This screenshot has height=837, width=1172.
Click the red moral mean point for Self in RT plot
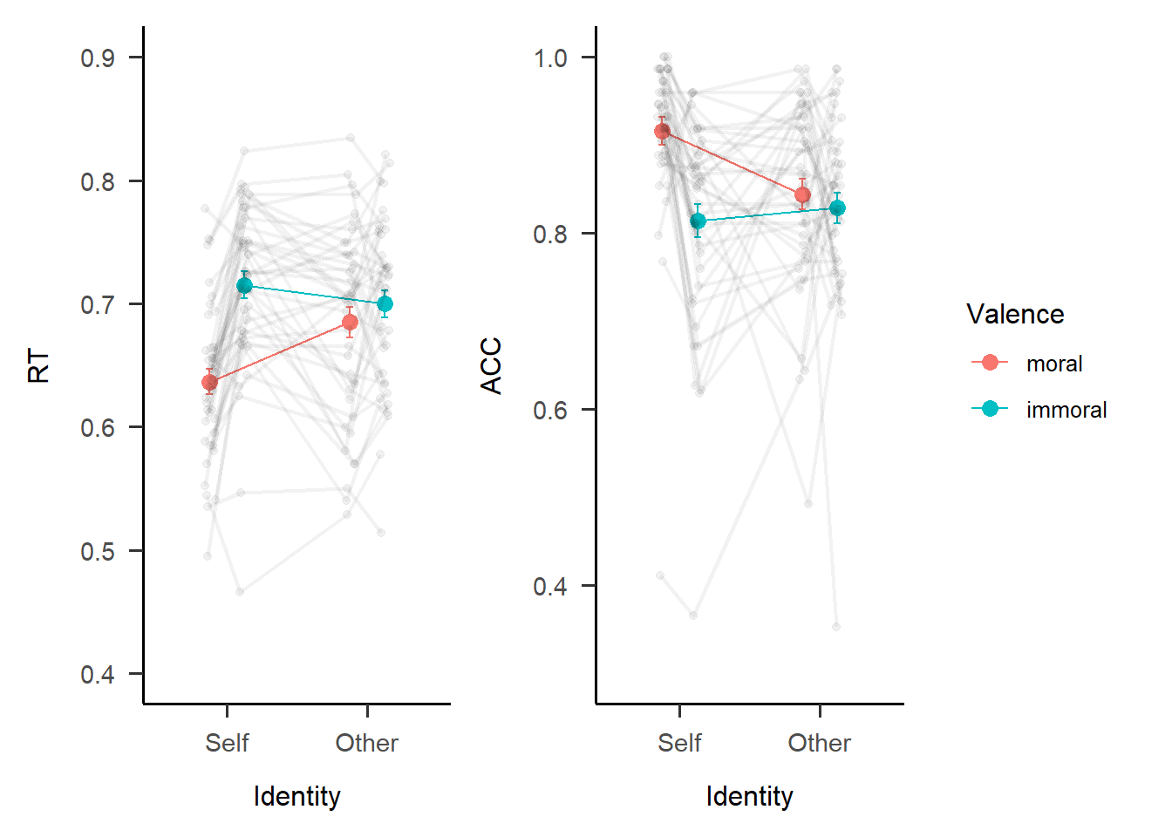click(x=209, y=383)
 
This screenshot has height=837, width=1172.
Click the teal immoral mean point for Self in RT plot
click(x=244, y=286)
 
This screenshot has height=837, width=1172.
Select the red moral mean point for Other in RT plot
click(x=350, y=323)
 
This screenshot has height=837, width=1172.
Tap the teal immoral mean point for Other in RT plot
click(x=385, y=304)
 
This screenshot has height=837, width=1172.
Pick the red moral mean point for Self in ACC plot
click(x=662, y=132)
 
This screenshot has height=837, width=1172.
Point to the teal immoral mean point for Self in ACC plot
click(x=698, y=221)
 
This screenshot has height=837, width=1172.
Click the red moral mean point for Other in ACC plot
click(x=802, y=195)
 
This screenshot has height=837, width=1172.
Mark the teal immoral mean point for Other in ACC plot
click(x=837, y=208)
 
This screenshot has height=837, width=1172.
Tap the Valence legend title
click(x=1015, y=314)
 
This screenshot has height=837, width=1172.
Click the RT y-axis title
click(x=39, y=366)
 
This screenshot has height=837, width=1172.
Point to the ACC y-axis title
click(x=492, y=366)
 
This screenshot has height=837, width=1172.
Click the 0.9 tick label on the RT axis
click(x=98, y=58)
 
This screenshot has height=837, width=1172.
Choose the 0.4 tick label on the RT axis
click(x=98, y=675)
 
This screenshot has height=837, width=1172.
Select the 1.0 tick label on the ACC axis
click(x=550, y=58)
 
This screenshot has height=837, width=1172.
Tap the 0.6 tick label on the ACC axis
click(x=550, y=410)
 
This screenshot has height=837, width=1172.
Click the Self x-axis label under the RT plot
click(x=227, y=743)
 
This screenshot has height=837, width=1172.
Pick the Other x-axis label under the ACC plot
click(x=819, y=743)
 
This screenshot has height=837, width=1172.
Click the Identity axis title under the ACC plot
click(x=749, y=796)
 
